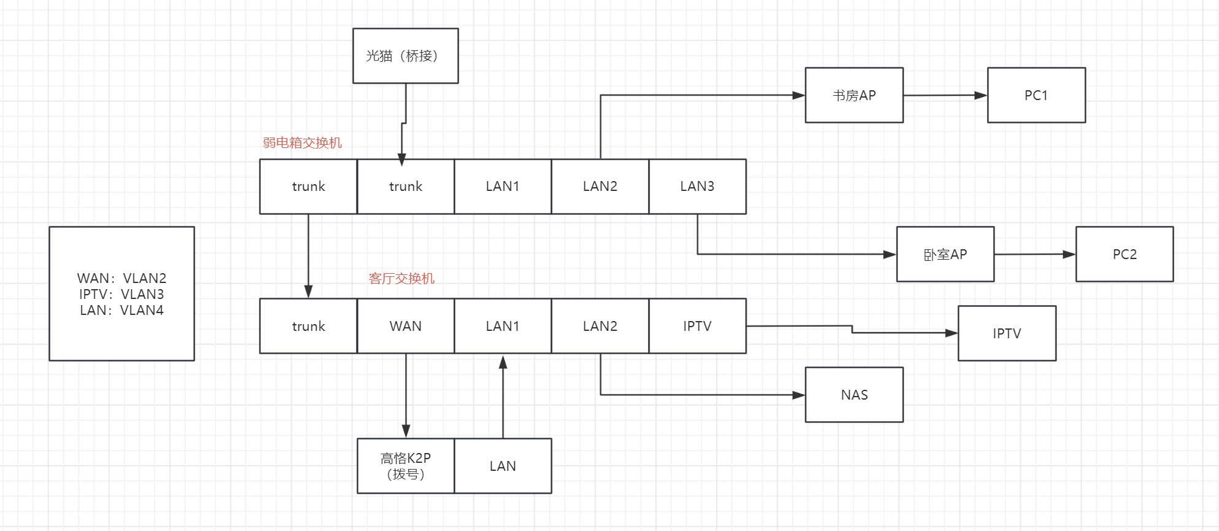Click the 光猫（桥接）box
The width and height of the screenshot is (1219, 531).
pos(405,56)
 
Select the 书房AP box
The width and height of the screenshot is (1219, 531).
pos(854,95)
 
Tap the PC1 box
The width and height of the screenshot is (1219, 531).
pos(1036,95)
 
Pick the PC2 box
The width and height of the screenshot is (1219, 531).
pos(1124,254)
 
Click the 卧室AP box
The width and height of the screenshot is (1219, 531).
pos(945,254)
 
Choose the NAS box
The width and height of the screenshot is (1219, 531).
pos(854,395)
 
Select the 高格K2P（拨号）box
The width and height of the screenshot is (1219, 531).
pos(406,466)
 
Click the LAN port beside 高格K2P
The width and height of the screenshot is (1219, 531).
pos(503,466)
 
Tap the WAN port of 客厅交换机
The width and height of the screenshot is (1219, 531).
pos(406,326)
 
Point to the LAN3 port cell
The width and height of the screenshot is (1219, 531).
pos(697,186)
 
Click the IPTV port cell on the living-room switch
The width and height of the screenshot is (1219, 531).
pos(697,326)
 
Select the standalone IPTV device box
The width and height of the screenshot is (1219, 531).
pos(1007,333)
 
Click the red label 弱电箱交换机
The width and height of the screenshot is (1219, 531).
pos(302,143)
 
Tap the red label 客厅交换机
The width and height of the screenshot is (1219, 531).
pos(401,279)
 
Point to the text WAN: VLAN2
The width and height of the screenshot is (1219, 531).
pos(122,278)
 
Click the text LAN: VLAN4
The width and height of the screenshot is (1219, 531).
pos(122,310)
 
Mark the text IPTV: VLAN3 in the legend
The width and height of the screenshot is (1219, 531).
pos(122,294)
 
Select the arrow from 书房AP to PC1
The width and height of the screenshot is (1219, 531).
pos(945,95)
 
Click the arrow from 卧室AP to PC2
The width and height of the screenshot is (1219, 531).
pos(1034,254)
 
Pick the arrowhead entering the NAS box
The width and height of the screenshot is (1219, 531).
pos(799,395)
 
